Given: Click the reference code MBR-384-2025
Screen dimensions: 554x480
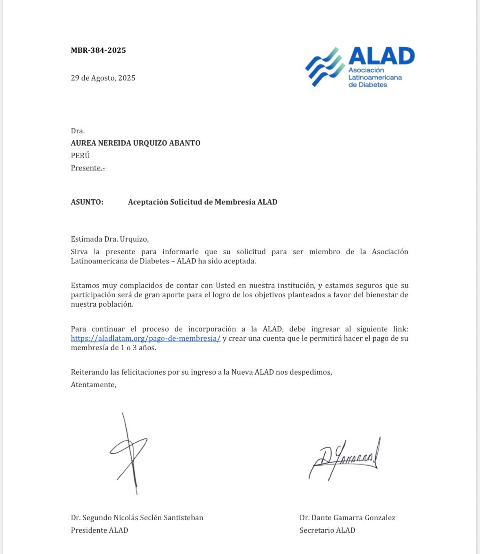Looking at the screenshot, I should tap(98, 50).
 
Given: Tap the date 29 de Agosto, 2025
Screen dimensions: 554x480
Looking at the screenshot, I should tap(103, 78).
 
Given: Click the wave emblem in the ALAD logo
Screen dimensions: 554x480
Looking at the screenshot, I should tap(324, 67).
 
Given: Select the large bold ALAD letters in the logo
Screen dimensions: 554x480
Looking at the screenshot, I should tap(381, 56).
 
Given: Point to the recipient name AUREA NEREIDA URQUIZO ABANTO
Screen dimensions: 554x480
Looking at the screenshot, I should tap(136, 143).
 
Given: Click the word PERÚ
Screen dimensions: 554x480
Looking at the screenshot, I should tap(80, 155).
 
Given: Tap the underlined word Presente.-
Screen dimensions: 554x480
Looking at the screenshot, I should tap(88, 168).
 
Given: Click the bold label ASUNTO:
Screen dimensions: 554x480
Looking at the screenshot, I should tap(87, 202).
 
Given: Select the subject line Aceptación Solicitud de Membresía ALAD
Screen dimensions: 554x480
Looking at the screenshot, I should tap(202, 202).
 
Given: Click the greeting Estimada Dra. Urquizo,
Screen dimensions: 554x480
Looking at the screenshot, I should tap(110, 239).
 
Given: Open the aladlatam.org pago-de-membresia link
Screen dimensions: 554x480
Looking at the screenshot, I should tap(145, 338).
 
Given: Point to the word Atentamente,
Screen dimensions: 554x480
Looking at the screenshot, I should tap(93, 385).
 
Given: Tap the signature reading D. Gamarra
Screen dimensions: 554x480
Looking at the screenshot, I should tap(344, 458).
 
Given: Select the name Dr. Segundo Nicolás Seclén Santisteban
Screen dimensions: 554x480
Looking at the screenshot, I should tap(137, 518).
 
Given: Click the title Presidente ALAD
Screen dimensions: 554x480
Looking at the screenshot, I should tap(99, 530).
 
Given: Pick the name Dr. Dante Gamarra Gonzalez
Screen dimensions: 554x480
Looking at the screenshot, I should tap(347, 518).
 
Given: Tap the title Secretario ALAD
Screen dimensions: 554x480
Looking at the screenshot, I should tap(327, 530).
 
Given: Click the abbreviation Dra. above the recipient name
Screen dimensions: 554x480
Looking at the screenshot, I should tap(78, 131).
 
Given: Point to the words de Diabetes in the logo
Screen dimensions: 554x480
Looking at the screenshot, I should tap(368, 85).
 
